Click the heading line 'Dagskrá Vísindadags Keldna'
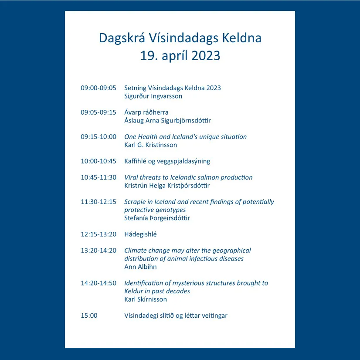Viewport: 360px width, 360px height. click(180, 38)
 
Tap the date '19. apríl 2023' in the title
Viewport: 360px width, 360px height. click(180, 56)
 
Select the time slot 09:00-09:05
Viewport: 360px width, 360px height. click(98, 88)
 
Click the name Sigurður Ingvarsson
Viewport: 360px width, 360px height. click(153, 96)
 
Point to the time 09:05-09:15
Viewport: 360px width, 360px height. click(98, 112)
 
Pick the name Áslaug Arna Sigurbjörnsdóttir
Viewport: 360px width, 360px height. click(167, 121)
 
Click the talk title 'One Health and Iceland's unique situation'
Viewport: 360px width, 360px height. click(186, 137)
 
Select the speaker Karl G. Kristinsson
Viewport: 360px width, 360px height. click(151, 145)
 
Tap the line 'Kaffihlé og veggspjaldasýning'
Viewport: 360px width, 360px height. click(167, 161)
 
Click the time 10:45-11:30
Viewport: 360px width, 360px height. click(98, 177)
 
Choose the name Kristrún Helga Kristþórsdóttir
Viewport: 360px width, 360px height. click(167, 186)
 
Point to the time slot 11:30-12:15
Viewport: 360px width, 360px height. click(98, 202)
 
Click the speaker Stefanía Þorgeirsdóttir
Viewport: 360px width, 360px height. click(157, 218)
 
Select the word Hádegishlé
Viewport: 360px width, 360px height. click(140, 234)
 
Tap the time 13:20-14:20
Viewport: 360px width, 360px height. click(98, 251)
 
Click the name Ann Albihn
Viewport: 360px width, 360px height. click(140, 267)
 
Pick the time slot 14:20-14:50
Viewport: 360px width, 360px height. click(98, 283)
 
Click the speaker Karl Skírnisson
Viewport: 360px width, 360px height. click(146, 299)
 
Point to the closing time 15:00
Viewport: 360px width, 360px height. click(89, 316)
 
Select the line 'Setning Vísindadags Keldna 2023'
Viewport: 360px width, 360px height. click(173, 88)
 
